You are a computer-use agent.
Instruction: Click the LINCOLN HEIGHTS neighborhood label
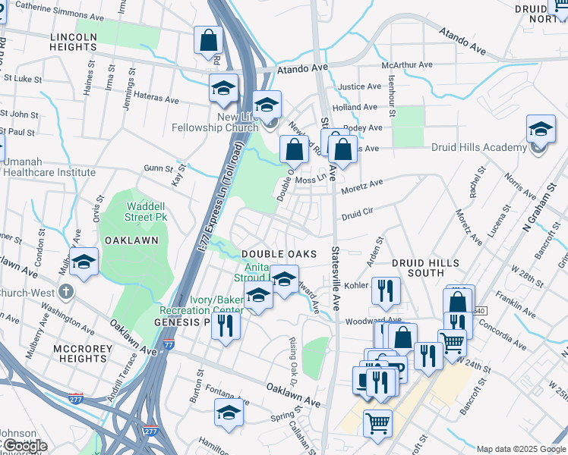click(x=74, y=42)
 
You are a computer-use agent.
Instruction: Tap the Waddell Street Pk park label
click(x=150, y=212)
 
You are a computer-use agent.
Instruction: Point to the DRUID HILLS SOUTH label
click(x=425, y=268)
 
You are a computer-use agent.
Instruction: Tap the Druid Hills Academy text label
click(x=478, y=148)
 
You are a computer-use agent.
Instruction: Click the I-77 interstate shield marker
click(x=169, y=345)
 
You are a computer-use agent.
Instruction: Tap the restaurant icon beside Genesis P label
click(x=226, y=325)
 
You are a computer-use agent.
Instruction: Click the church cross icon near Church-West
click(x=66, y=290)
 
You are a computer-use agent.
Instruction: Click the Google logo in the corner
click(x=24, y=445)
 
